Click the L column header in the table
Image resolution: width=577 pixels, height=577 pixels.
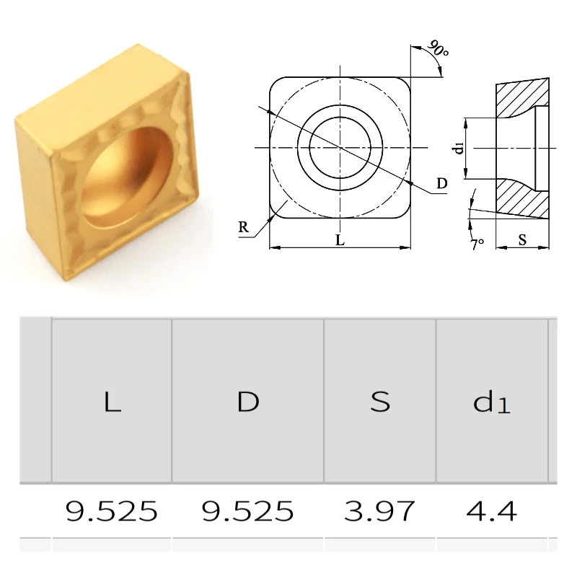(112, 401)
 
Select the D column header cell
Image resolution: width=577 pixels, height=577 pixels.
(247, 401)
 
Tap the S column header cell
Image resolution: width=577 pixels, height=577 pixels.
(380, 401)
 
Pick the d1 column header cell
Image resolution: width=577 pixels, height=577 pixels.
(492, 401)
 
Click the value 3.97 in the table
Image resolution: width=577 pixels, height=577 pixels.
(379, 511)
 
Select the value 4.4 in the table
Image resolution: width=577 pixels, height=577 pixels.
(492, 511)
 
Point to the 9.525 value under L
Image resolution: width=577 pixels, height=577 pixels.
(112, 511)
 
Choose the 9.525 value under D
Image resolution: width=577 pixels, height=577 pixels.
(247, 511)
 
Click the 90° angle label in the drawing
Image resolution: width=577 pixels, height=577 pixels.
(438, 48)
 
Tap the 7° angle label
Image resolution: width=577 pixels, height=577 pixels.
(477, 244)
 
